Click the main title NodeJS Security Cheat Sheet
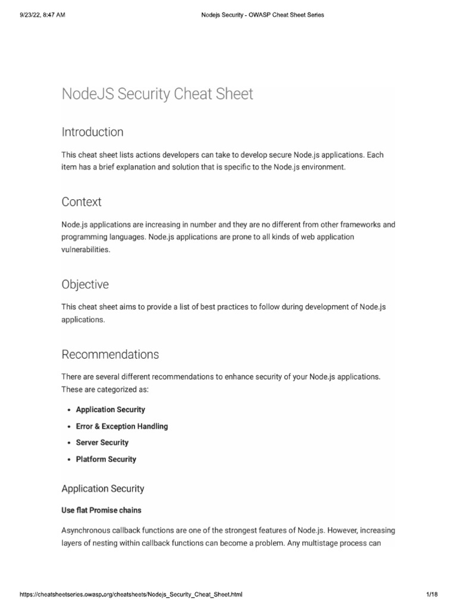pyautogui.click(x=157, y=94)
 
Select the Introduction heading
pyautogui.click(x=92, y=132)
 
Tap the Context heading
pyautogui.click(x=82, y=202)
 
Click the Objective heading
pyautogui.click(x=85, y=284)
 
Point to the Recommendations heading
pyautogui.click(x=110, y=354)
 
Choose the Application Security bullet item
pyautogui.click(x=110, y=410)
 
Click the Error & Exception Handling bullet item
pyautogui.click(x=122, y=426)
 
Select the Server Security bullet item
pyautogui.click(x=102, y=442)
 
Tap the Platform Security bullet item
pyautogui.click(x=106, y=459)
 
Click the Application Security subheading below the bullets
pyautogui.click(x=103, y=489)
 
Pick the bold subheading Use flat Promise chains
pyautogui.click(x=101, y=510)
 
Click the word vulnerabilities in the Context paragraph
pyautogui.click(x=85, y=250)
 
